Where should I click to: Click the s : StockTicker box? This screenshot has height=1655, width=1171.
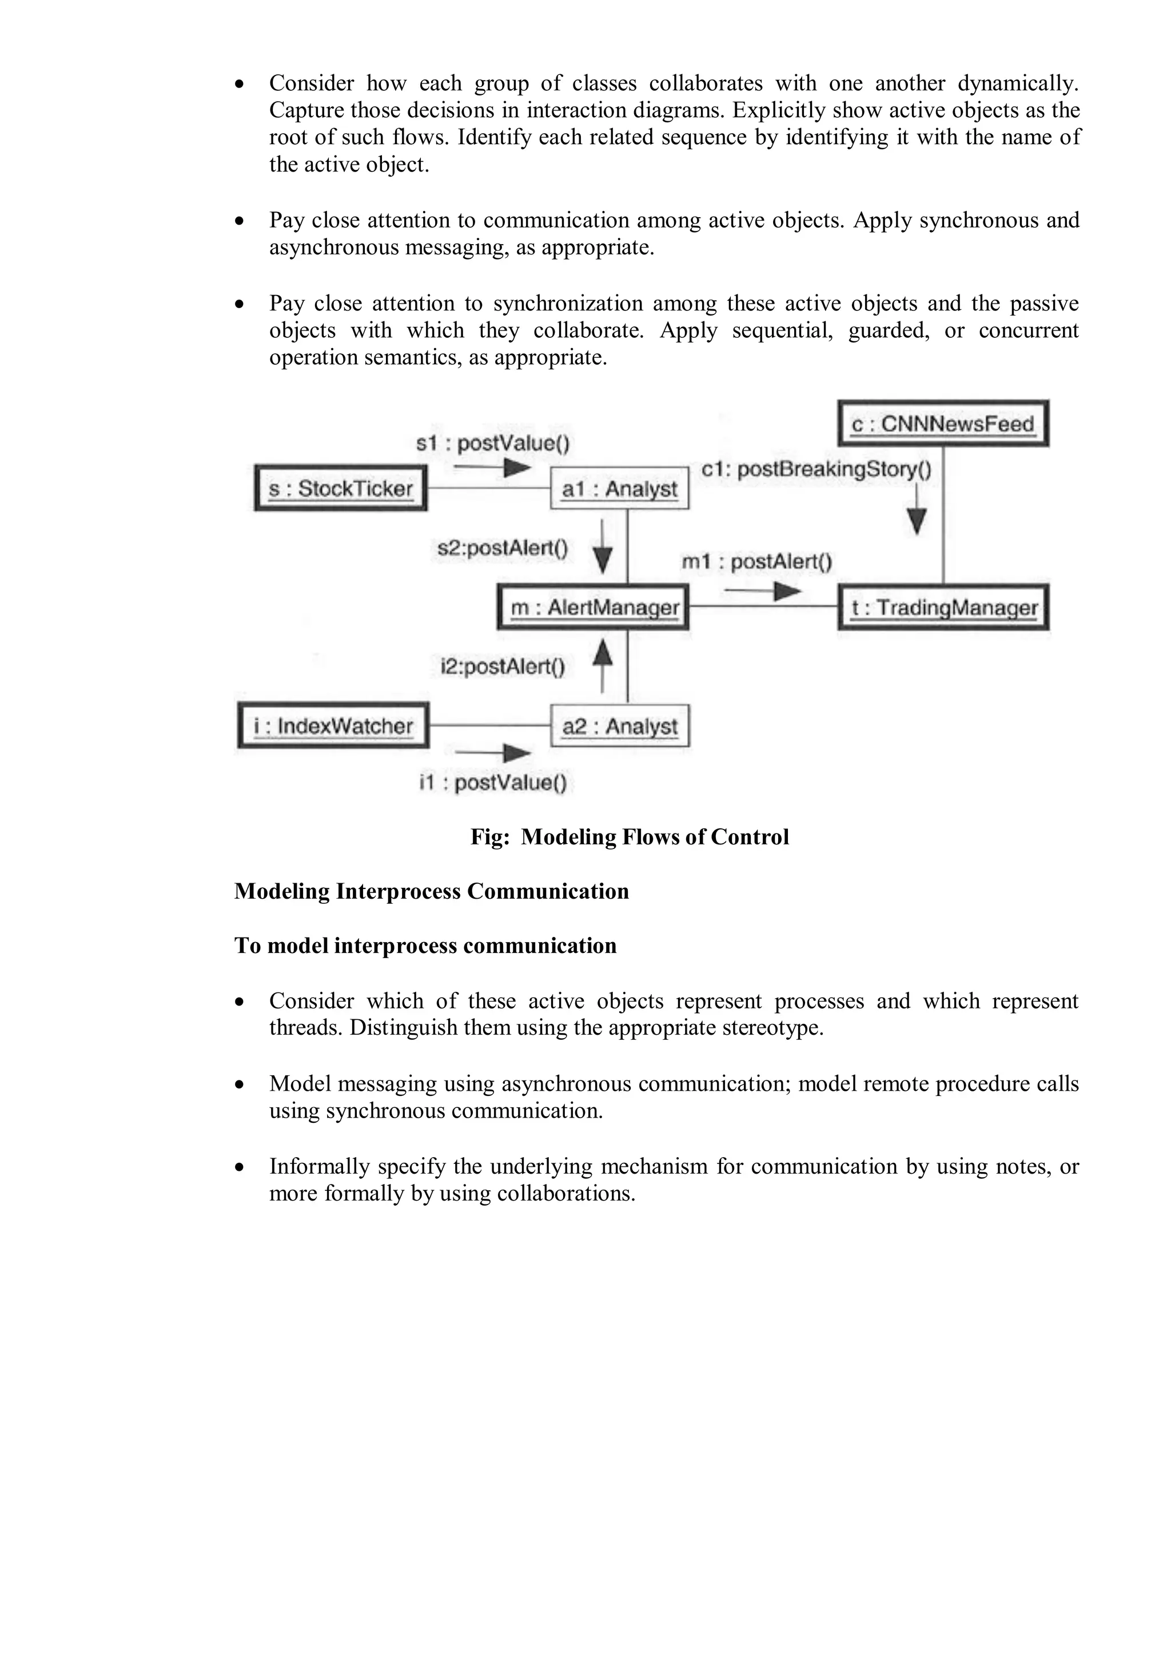click(x=341, y=489)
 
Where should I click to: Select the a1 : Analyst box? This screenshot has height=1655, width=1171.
click(x=619, y=489)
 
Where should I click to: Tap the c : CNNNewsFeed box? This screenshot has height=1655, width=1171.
click(x=942, y=424)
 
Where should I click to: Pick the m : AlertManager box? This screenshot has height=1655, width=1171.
click(x=594, y=608)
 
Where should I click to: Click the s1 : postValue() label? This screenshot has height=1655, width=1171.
click(x=492, y=442)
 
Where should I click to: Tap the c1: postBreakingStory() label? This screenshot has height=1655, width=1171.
click(x=816, y=469)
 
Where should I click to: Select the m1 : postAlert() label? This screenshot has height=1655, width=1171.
click(x=756, y=561)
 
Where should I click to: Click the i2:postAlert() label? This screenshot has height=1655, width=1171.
click(x=503, y=667)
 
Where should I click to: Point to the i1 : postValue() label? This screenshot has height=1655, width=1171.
click(x=493, y=782)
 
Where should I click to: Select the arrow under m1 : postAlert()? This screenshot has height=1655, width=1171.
click(x=762, y=592)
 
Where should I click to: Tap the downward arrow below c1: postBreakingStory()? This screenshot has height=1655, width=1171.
click(x=916, y=509)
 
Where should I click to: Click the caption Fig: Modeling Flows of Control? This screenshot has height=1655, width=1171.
click(x=630, y=837)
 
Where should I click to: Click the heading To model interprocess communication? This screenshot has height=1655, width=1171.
click(x=425, y=946)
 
